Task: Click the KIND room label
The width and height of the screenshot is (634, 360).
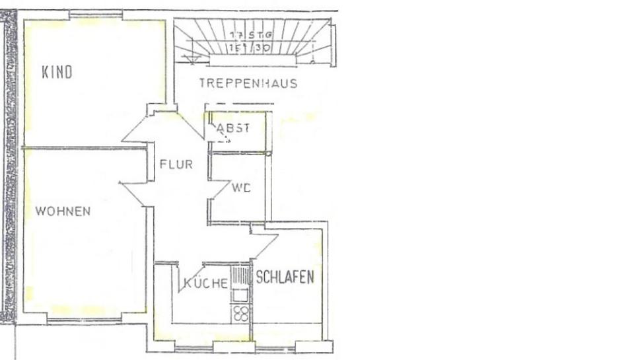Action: [x=57, y=73]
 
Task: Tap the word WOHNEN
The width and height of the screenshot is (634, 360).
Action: [x=63, y=211]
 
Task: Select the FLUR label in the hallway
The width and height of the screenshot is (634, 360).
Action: [x=176, y=164]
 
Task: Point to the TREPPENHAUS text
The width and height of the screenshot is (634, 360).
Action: [x=248, y=84]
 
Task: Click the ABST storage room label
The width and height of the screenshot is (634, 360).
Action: [x=232, y=129]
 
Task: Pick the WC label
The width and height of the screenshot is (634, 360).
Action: [x=241, y=188]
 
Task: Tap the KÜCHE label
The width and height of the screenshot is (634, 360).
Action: [x=206, y=283]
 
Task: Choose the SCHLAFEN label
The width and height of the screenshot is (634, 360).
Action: [x=284, y=277]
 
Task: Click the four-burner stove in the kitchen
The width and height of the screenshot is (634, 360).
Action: [x=240, y=312]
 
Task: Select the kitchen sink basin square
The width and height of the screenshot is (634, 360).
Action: [x=240, y=295]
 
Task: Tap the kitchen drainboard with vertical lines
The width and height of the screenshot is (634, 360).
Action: [x=240, y=274]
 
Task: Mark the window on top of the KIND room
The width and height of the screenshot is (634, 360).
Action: [x=96, y=15]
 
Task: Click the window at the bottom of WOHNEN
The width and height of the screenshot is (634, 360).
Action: [x=84, y=321]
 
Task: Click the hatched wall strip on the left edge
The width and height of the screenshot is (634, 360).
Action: [x=9, y=165]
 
